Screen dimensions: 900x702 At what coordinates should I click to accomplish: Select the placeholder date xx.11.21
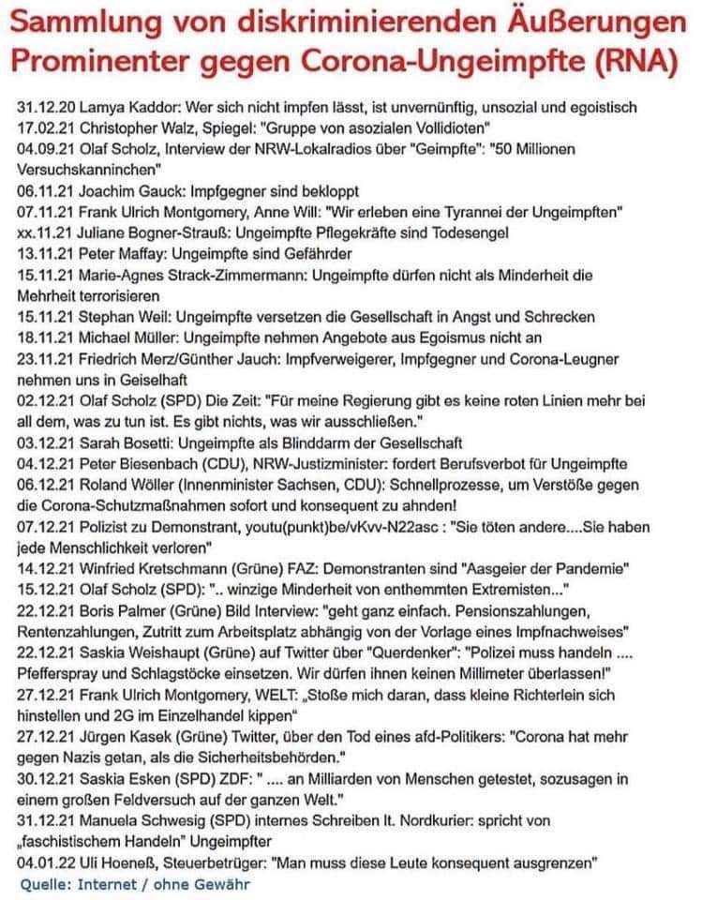coord(42,234)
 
